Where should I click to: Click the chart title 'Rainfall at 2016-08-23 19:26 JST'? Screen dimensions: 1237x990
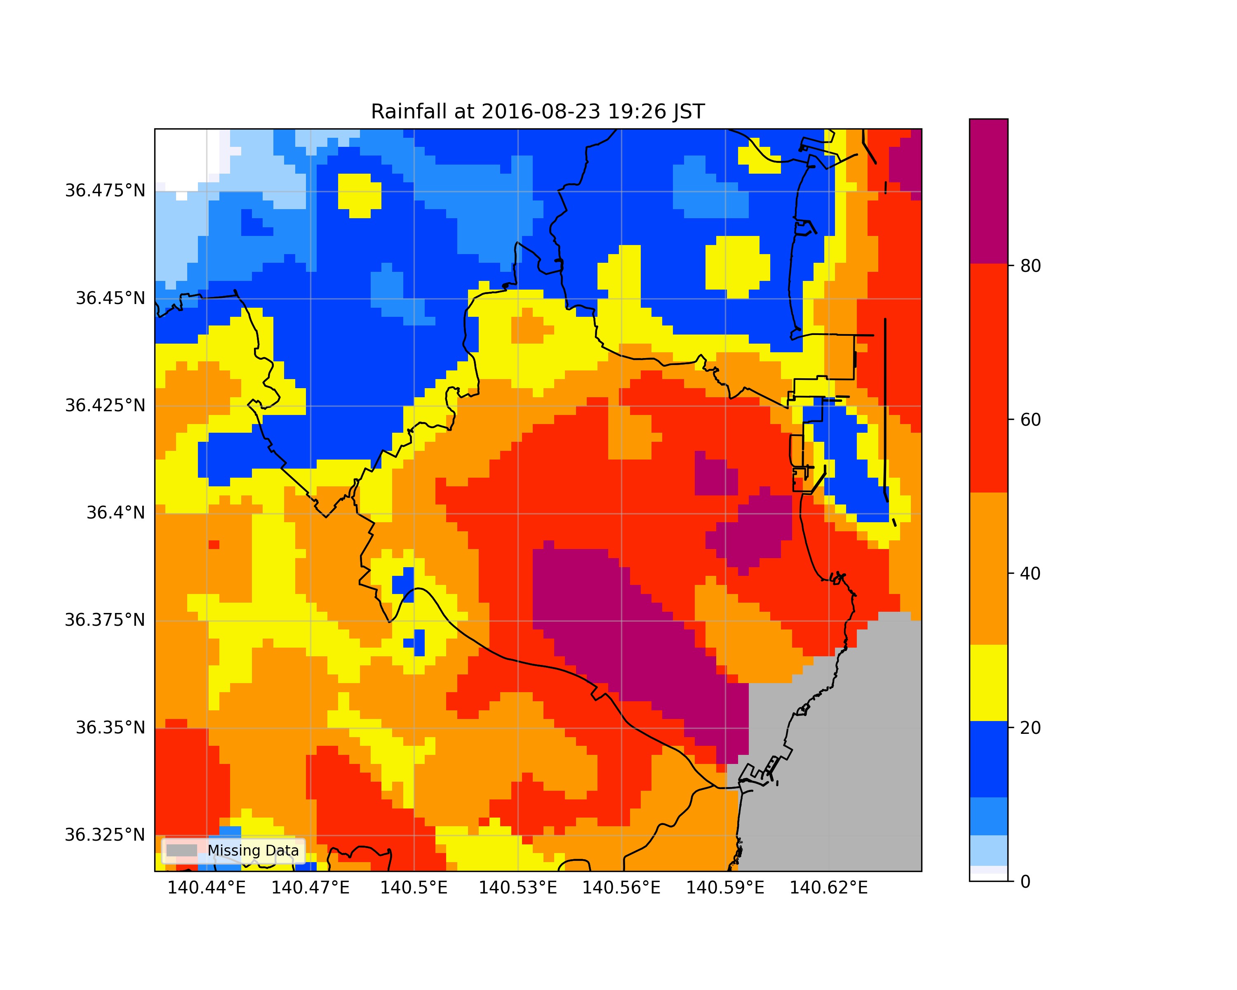point(538,111)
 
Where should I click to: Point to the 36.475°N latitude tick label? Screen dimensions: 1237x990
point(105,191)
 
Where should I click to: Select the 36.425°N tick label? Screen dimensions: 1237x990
point(105,406)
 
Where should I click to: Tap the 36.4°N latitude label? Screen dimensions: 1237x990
point(116,513)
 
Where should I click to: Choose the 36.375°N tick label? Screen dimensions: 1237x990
point(105,620)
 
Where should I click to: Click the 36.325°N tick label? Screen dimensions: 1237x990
point(105,835)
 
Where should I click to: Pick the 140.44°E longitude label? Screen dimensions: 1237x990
point(207,888)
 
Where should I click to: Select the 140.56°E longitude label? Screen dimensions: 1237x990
point(621,888)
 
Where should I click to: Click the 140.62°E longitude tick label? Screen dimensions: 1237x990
point(828,888)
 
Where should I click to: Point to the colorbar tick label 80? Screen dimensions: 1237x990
point(1030,266)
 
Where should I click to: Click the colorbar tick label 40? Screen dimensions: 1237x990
point(1030,573)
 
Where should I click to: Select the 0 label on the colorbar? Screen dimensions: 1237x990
point(1026,882)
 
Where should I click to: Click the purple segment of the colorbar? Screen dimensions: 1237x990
point(988,191)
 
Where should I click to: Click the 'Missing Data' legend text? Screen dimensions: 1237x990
point(253,851)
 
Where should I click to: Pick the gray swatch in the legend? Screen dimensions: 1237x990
point(182,851)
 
